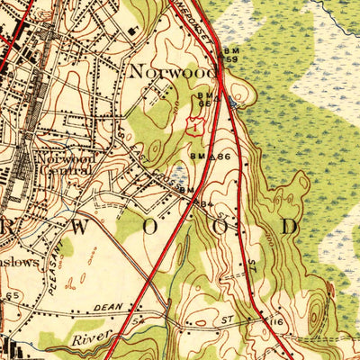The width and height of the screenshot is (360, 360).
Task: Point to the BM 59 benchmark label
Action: (233, 57)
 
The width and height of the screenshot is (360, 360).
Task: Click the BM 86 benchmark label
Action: (205, 157)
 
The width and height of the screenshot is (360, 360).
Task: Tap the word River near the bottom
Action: (94, 336)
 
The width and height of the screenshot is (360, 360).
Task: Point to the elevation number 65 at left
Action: (12, 295)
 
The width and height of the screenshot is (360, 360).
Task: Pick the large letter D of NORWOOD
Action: (288, 226)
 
